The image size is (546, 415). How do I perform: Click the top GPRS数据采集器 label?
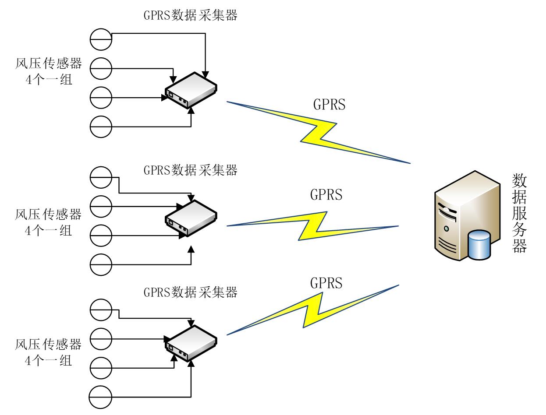[x=190, y=15]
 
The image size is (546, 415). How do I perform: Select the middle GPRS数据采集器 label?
[x=190, y=170]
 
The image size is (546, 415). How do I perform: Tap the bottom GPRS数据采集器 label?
[x=190, y=292]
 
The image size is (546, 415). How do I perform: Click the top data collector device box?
[x=191, y=90]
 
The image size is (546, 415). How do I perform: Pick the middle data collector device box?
[x=191, y=218]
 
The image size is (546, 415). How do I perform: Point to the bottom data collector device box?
[x=191, y=344]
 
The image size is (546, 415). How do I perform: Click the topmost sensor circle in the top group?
[x=101, y=39]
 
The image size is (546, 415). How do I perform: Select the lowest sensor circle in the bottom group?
[x=100, y=397]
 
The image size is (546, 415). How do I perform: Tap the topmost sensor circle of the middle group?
[x=101, y=177]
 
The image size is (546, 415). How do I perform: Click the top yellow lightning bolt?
[x=319, y=133]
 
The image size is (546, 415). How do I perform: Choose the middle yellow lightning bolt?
[x=313, y=226]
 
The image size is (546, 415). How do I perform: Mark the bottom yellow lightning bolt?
[x=313, y=310]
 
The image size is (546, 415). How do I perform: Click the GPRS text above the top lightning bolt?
[x=329, y=104]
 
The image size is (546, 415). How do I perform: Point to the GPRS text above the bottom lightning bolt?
[x=326, y=283]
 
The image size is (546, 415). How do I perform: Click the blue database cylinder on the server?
[x=479, y=245]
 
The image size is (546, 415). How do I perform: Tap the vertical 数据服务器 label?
[x=519, y=213]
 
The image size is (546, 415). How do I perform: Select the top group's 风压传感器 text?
[x=49, y=63]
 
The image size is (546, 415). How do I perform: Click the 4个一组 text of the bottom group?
[x=49, y=361]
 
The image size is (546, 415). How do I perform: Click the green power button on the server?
[x=446, y=229]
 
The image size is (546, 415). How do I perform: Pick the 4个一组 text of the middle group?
[x=49, y=231]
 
